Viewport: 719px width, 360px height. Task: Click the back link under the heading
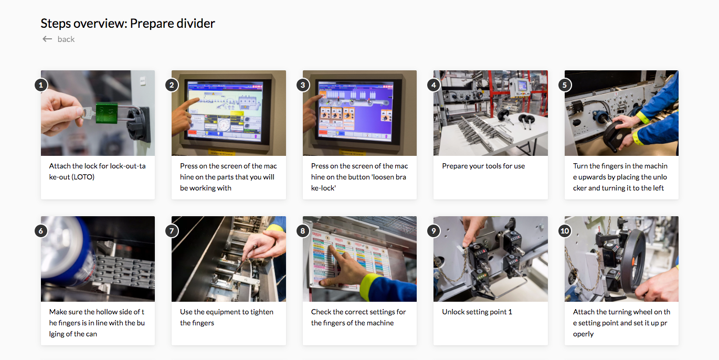point(66,39)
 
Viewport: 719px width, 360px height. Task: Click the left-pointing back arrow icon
point(47,39)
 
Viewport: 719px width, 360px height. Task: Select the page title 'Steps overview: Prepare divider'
point(128,24)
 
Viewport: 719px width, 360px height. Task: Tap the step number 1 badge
point(41,84)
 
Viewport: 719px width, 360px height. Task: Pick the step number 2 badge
point(172,84)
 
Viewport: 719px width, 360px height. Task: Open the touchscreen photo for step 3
point(359,113)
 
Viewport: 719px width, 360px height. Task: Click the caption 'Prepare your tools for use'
point(483,166)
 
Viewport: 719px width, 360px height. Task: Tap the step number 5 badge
point(565,84)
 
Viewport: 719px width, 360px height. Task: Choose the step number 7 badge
point(172,230)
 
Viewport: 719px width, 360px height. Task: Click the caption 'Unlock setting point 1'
point(477,312)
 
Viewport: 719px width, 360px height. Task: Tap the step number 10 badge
point(565,230)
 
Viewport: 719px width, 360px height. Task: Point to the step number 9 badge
point(433,230)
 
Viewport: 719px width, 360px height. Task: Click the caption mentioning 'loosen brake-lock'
point(359,177)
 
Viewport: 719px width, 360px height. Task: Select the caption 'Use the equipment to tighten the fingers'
point(227,317)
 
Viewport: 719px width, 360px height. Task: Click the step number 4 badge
point(433,84)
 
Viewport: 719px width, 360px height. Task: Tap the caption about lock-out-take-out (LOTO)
point(98,172)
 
